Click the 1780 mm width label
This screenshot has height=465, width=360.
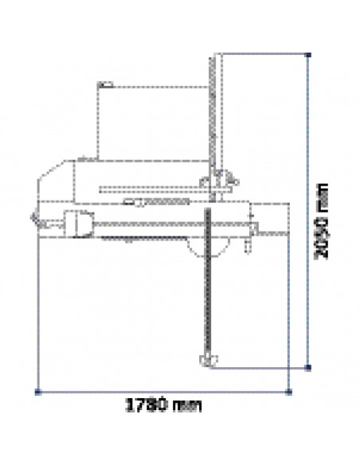tap(163, 405)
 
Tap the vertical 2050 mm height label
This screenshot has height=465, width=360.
tap(322, 221)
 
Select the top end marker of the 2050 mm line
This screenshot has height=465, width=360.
tap(308, 55)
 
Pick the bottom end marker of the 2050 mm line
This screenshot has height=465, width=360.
tap(308, 368)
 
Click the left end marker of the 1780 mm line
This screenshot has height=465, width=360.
tap(37, 392)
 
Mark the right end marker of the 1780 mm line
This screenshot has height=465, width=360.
tap(289, 392)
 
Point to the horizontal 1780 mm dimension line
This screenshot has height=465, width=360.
tap(163, 392)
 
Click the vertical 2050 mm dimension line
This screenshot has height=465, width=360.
tap(308, 211)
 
